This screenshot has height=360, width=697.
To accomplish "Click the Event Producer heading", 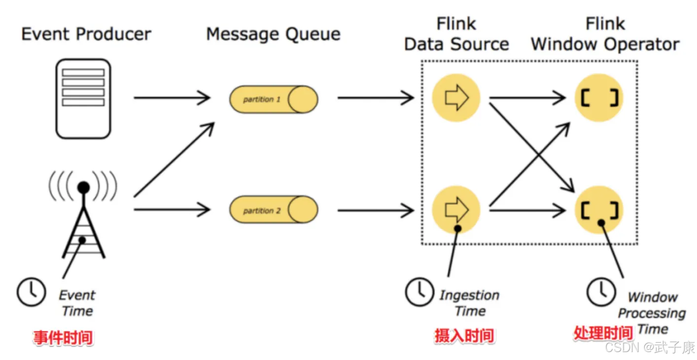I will pos(86,34).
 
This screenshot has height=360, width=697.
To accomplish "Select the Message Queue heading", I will pos(273,34).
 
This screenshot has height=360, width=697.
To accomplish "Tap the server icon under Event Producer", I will pos(83,99).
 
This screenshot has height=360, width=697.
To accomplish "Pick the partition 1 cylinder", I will pos(273,99).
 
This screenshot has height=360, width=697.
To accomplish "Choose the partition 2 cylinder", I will pos(273,211).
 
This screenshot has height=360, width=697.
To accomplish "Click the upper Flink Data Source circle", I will pos(456,98).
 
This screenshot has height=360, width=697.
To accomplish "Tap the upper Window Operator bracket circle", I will pos(599,98).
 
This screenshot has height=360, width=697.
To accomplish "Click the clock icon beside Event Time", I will pos(32,292).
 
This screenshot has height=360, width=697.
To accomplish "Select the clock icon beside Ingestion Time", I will pos(419,291).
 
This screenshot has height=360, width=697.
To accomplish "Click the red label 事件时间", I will pos(63,338).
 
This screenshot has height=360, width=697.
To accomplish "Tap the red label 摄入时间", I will pos(464,336).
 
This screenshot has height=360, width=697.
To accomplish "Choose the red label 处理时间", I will pos(603,333).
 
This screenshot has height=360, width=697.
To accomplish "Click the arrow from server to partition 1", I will pos(172,98).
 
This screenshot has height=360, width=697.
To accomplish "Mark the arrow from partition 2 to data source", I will pos(375,211).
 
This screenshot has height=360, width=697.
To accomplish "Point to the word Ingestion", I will pos(469,295).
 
